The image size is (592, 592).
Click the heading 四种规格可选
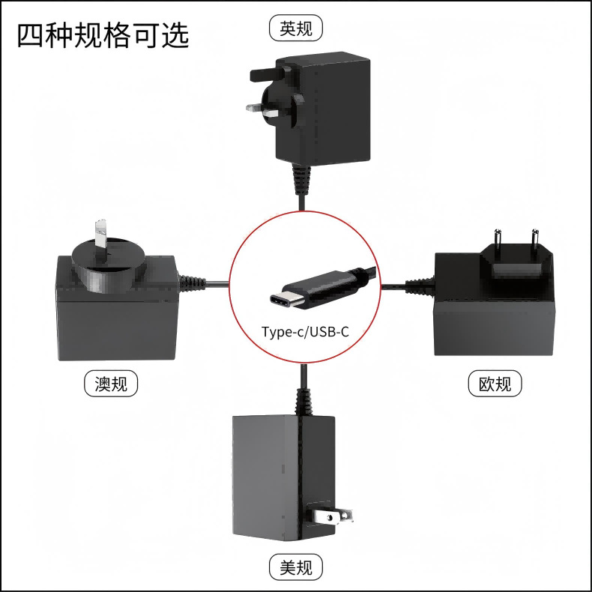pos(103,35)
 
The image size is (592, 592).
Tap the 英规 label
pos(296,29)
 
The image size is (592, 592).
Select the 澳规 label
pos(111,384)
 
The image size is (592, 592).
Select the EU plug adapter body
pos(495,307)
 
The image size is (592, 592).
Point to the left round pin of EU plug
pos(496,238)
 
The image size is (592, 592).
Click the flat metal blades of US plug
pos(333,516)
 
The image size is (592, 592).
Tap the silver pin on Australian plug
pos(99,236)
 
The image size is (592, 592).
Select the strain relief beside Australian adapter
pos(192,284)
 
